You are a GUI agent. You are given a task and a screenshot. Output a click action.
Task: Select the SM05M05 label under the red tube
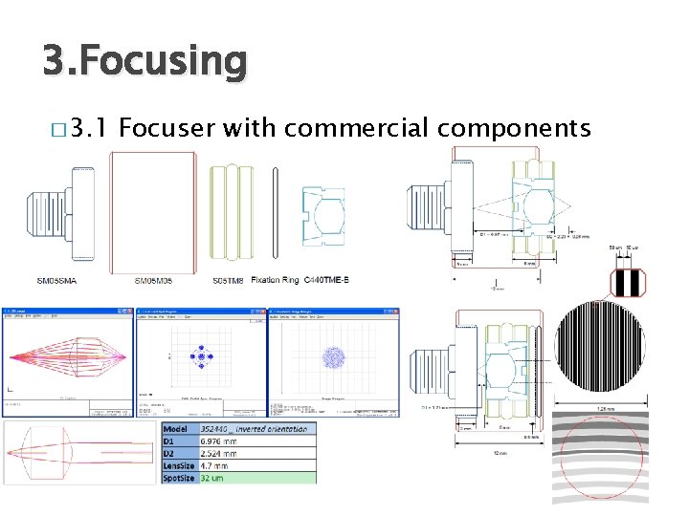[153, 280]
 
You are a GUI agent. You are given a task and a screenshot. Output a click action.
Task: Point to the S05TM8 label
[228, 280]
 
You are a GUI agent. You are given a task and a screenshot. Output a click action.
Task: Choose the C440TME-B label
[326, 280]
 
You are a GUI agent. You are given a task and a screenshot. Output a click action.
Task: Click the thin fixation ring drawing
[275, 212]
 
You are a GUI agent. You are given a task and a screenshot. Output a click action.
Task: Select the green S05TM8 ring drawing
[232, 211]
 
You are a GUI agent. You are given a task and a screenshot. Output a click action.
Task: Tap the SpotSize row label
[178, 478]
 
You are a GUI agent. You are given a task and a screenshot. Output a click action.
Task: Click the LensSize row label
[178, 465]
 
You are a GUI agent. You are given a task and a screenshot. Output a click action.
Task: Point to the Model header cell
[178, 428]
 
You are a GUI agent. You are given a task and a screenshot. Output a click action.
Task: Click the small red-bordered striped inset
[629, 283]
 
